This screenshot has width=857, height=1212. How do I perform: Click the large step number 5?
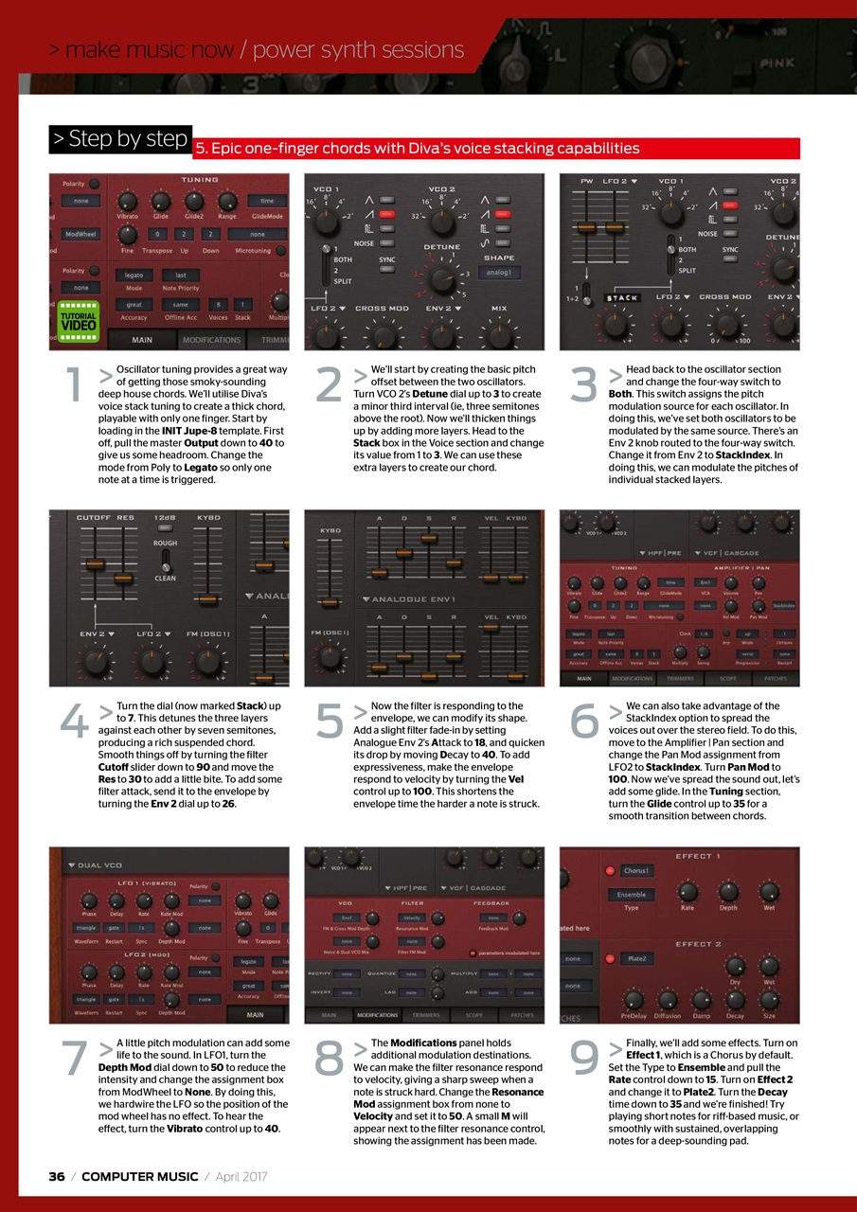(329, 722)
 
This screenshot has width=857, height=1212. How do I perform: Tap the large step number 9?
(584, 1059)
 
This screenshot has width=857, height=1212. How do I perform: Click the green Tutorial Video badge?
(79, 317)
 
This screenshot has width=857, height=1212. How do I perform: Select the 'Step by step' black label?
(120, 139)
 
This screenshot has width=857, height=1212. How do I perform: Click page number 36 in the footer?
(57, 1176)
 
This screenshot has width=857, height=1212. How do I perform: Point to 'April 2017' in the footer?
(241, 1176)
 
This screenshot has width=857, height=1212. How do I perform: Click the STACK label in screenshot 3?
(621, 298)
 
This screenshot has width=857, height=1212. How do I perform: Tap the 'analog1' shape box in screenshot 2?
(499, 273)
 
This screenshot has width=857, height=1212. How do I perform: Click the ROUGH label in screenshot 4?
(166, 543)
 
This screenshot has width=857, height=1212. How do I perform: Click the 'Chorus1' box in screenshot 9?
(636, 870)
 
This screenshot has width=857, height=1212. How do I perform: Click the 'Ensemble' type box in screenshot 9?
(632, 894)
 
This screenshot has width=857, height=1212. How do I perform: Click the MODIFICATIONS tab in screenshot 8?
(377, 1015)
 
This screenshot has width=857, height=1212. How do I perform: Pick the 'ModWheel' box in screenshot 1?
(81, 233)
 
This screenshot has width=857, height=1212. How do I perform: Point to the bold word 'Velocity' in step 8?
(375, 1115)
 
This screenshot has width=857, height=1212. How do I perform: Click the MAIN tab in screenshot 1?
(141, 340)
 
